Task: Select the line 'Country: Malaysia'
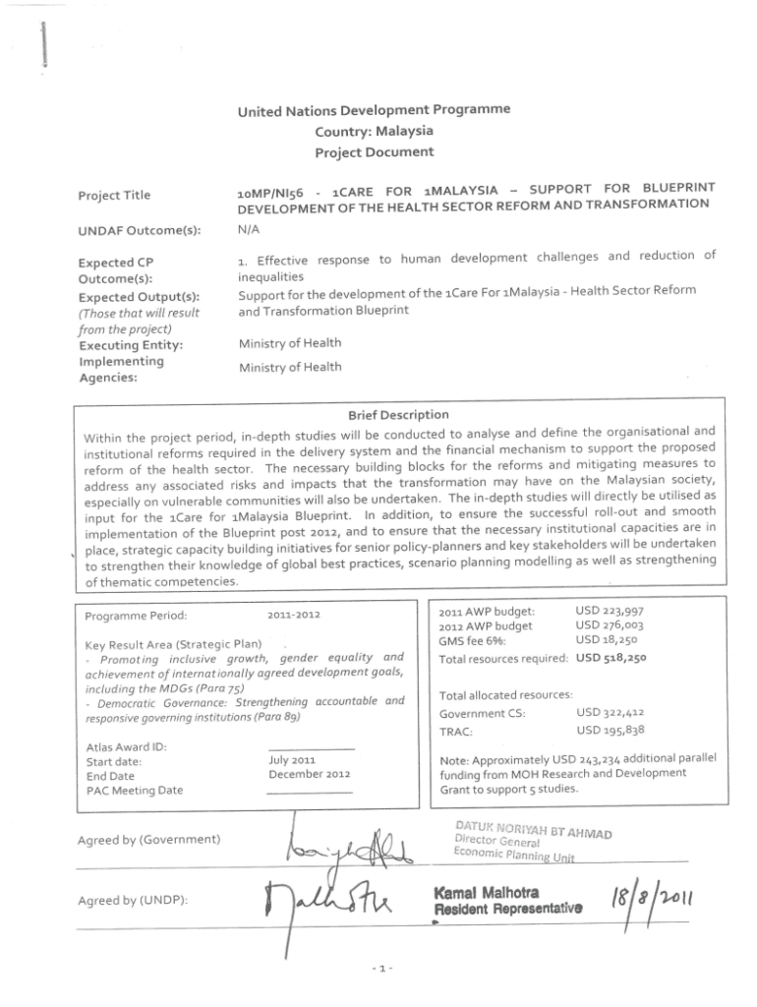pos(374,131)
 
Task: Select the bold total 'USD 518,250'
pos(610,658)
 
